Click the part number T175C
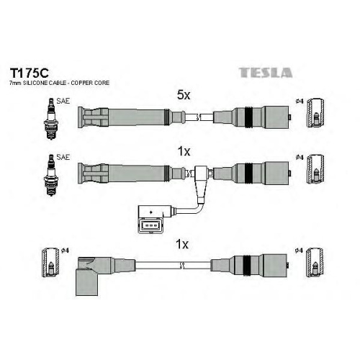pyautogui.click(x=29, y=73)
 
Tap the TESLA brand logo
pyautogui.click(x=266, y=73)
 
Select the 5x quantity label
pyautogui.click(x=184, y=95)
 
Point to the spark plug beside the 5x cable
pyautogui.click(x=51, y=119)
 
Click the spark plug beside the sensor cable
pyautogui.click(x=51, y=175)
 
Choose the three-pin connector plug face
pyautogui.click(x=150, y=225)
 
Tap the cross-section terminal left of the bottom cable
pyautogui.click(x=50, y=262)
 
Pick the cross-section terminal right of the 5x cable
pyautogui.click(x=315, y=113)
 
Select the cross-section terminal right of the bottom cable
pyautogui.click(x=315, y=262)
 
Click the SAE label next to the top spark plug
pyautogui.click(x=63, y=101)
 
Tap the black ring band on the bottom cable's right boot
pyautogui.click(x=247, y=265)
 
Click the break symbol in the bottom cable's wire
pyautogui.click(x=182, y=266)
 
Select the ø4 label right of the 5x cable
pyautogui.click(x=300, y=102)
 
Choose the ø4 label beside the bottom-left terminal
pyautogui.click(x=65, y=251)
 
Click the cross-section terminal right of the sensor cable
pyautogui.click(x=315, y=169)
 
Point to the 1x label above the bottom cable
pyautogui.click(x=182, y=244)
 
